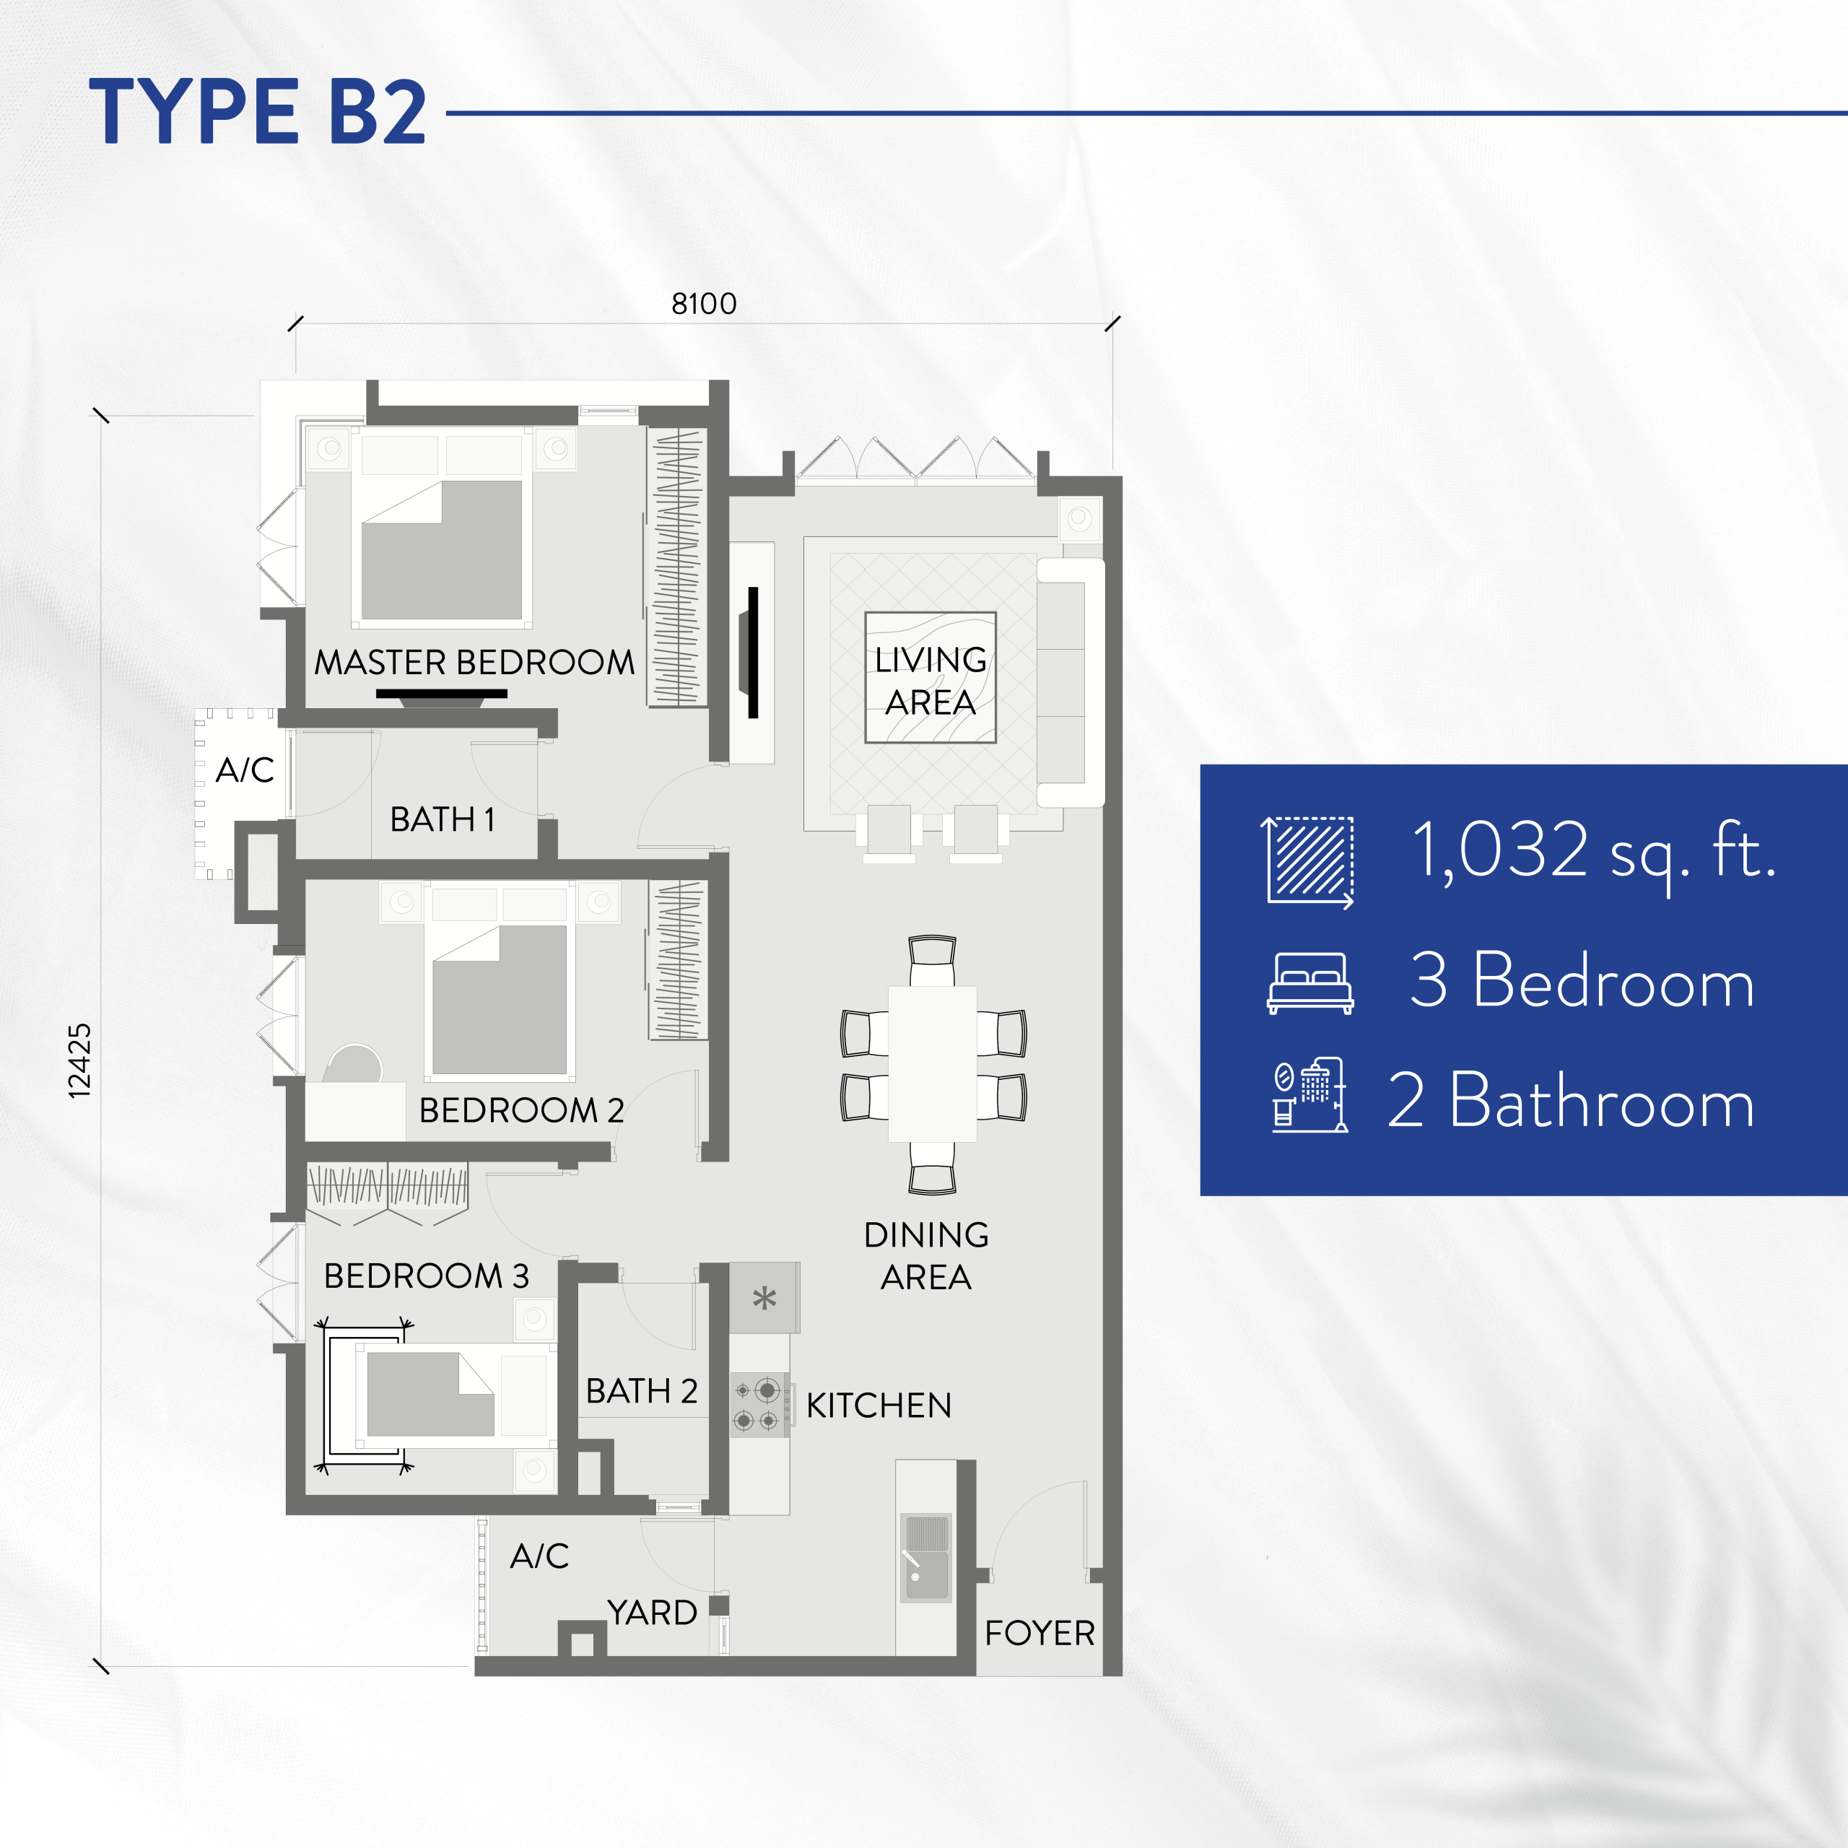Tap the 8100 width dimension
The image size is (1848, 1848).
click(x=704, y=304)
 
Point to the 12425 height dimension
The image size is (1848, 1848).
click(x=79, y=1060)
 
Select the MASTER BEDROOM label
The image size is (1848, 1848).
click(x=474, y=662)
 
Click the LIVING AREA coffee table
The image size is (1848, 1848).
click(x=930, y=677)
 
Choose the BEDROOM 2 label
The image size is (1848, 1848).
click(x=521, y=1110)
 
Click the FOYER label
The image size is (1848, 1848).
click(x=1039, y=1633)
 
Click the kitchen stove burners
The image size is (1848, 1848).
click(x=759, y=1405)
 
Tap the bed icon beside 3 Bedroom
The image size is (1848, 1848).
click(x=1310, y=983)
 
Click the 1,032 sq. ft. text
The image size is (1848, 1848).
click(x=1595, y=850)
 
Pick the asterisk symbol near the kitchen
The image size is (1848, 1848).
click(x=764, y=1298)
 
